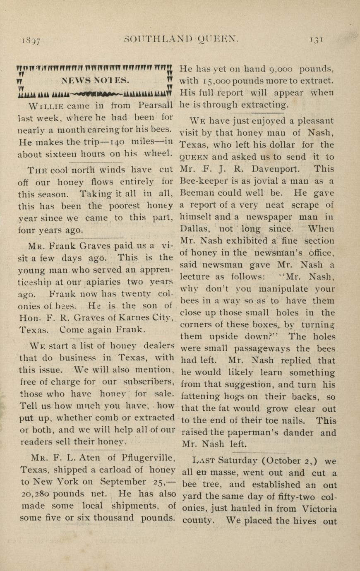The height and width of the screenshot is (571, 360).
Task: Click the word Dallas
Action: (x=195, y=229)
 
